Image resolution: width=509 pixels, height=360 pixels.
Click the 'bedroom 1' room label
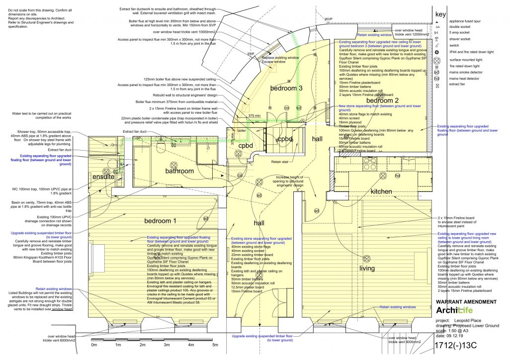coord(160,220)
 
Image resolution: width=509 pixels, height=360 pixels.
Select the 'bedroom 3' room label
coord(286,88)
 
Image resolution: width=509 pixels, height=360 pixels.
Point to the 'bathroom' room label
coord(180,171)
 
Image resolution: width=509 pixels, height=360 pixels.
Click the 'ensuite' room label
coord(103,177)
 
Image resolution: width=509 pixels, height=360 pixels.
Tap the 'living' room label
coord(367,269)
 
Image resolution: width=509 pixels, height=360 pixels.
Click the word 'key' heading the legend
coord(440,14)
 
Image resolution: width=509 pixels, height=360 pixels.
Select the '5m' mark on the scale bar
coord(215,345)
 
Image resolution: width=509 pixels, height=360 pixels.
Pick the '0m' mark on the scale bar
coord(94,345)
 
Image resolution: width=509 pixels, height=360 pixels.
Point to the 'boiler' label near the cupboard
coord(242,130)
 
